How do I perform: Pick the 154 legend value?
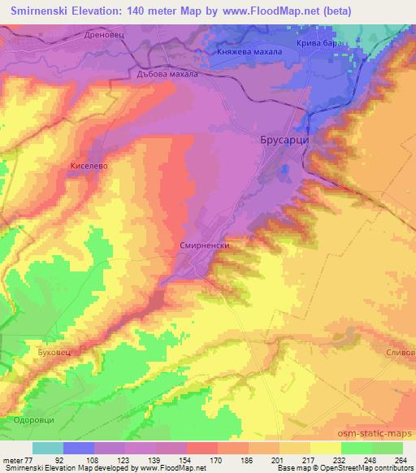pos(186,459)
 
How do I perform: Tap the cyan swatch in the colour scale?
pos(48,448)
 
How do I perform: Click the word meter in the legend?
pos(13,459)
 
